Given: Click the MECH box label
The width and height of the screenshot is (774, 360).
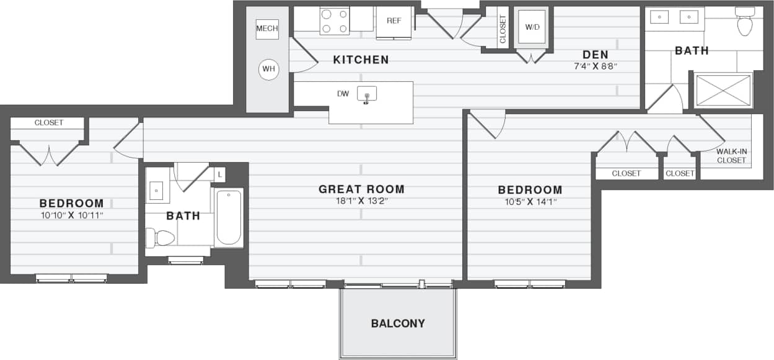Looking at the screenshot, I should pos(267,29).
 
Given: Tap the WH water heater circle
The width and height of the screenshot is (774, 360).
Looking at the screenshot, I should pos(268,69).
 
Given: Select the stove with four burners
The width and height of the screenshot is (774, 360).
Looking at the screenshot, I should pos(334,20).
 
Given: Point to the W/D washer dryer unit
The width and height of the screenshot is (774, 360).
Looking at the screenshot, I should pos(532,27).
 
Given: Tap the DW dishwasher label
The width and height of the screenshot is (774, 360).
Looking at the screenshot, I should pos(343,94).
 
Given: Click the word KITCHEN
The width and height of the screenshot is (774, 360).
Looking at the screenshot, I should pos(361,60).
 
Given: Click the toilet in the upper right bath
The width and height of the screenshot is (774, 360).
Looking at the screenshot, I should pos(744,22).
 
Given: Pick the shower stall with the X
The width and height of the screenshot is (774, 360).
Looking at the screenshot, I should pos(723,91).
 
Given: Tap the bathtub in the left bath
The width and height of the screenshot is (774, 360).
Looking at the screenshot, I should pos(229,218).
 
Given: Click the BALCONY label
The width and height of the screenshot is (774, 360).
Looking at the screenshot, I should pos(398,323).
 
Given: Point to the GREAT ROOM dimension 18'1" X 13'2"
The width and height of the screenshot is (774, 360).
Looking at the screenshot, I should pos(361,201).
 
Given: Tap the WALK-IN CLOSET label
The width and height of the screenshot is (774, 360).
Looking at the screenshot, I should pos(731,156).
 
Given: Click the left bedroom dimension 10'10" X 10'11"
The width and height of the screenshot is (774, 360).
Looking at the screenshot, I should pos(71,215).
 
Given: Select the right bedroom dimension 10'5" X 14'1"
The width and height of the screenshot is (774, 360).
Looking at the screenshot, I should pos(530,201).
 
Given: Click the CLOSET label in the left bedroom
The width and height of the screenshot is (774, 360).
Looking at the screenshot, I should pos(48,123).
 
